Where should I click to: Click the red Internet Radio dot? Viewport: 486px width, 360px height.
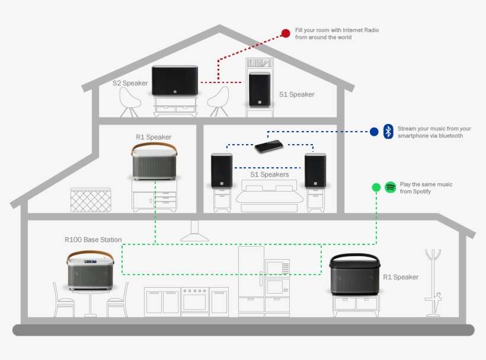[286, 33]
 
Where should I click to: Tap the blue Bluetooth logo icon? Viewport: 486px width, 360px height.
[388, 132]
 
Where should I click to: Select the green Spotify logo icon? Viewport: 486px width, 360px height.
[391, 187]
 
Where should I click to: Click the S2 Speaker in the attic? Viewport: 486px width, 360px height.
[175, 81]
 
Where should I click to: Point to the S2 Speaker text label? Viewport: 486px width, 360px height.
[130, 83]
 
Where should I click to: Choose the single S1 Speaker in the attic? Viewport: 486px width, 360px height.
[260, 90]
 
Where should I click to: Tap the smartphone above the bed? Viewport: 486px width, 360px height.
[269, 146]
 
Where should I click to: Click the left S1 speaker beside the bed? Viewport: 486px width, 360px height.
[222, 171]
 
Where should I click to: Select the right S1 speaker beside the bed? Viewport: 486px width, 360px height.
[315, 171]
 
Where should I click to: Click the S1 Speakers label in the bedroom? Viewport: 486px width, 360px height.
[269, 174]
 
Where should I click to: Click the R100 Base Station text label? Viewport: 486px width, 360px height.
[93, 240]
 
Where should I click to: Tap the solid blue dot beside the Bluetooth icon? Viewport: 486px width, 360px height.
[374, 132]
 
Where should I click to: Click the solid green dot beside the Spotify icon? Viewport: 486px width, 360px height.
[376, 187]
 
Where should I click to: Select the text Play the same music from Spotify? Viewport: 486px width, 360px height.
[426, 188]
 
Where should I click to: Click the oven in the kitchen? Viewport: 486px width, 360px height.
[195, 301]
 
